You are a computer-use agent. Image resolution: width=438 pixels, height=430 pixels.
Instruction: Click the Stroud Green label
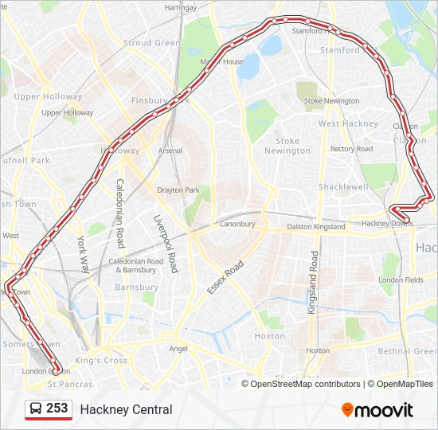click(x=151, y=43)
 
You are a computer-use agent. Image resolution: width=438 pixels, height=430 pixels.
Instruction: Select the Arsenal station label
click(x=170, y=150)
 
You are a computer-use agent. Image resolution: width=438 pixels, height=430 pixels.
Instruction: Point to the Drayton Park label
click(x=178, y=190)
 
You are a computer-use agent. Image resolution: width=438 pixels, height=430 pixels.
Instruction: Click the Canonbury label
click(x=237, y=225)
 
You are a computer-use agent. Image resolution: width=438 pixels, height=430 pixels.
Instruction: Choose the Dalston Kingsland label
click(x=316, y=227)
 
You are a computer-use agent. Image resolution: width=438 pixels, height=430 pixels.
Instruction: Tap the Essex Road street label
click(x=225, y=276)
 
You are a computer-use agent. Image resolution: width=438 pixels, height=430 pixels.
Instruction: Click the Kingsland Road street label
click(x=313, y=282)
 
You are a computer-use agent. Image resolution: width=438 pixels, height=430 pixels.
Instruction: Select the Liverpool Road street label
click(x=165, y=244)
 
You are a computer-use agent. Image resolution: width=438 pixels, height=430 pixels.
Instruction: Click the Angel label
click(x=178, y=349)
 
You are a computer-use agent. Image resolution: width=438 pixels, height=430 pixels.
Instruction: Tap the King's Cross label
click(x=100, y=361)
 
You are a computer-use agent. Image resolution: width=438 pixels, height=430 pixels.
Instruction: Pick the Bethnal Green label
click(x=407, y=351)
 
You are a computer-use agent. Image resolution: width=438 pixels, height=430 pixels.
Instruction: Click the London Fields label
click(x=401, y=280)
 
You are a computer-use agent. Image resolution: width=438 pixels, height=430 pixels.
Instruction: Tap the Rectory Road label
click(x=351, y=149)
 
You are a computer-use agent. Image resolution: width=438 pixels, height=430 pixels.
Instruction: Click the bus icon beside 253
click(x=36, y=409)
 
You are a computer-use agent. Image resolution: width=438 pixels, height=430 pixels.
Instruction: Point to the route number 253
click(x=57, y=408)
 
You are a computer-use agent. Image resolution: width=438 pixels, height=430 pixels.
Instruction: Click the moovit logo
click(x=377, y=410)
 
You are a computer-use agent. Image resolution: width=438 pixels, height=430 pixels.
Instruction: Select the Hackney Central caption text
click(x=126, y=410)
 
